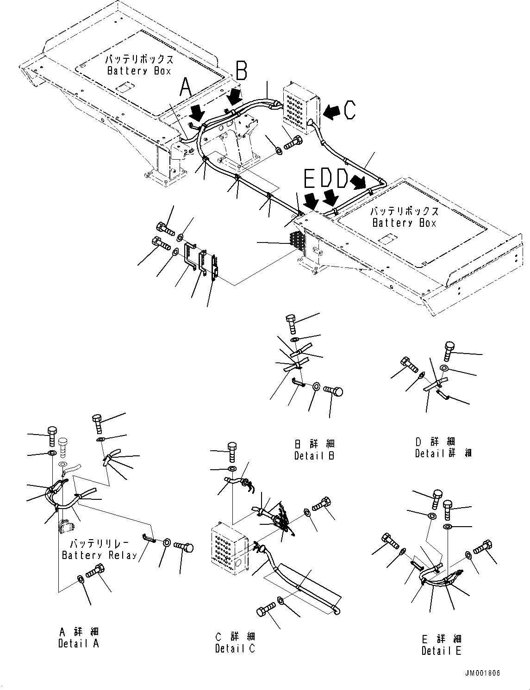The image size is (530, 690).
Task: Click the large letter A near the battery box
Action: [x=185, y=87]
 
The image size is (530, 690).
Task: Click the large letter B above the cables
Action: [x=242, y=71]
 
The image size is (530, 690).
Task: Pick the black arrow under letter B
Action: [x=236, y=98]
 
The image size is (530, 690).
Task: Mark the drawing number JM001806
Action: [x=483, y=673]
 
